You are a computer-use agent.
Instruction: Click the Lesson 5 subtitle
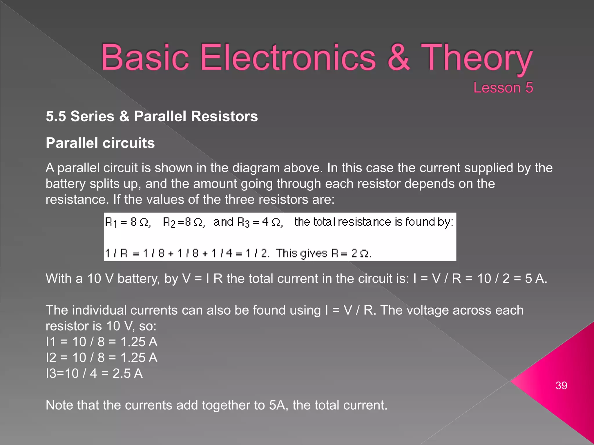click(503, 87)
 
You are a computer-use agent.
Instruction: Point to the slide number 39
click(561, 386)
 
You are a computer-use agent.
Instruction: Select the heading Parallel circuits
click(100, 143)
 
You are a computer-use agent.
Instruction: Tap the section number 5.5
click(56, 116)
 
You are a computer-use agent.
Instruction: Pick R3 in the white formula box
click(243, 222)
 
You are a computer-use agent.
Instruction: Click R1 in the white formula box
click(111, 222)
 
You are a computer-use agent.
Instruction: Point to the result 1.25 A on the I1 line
click(139, 342)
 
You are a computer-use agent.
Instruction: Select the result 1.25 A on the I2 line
click(139, 358)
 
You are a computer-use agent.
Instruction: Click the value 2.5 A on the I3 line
click(127, 373)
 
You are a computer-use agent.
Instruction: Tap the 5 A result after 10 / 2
click(535, 279)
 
